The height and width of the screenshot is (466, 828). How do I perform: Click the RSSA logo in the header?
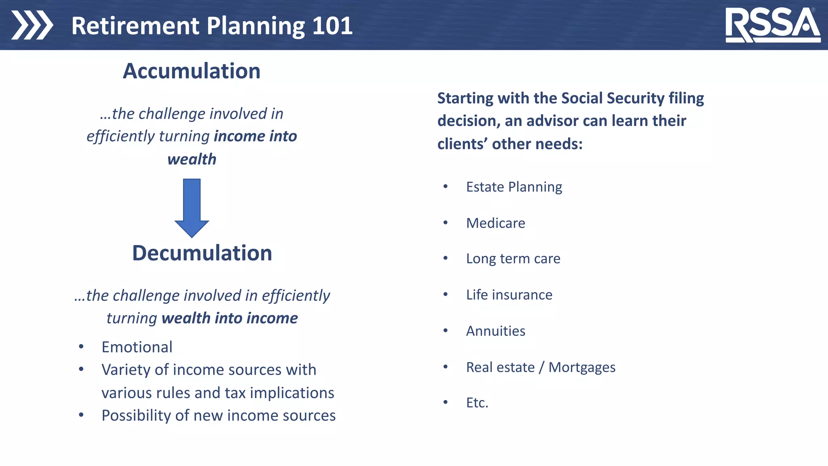(772, 25)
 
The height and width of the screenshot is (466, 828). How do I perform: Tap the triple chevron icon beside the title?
(32, 25)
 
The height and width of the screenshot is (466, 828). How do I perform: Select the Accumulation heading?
(192, 71)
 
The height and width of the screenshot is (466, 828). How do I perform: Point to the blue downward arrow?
(192, 208)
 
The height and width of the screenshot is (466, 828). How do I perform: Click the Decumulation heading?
(202, 253)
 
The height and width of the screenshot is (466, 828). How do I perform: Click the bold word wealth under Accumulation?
(192, 159)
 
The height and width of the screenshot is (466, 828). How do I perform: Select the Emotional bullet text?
(137, 347)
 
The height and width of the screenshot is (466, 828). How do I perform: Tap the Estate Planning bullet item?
(514, 187)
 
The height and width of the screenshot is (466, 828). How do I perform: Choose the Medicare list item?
(495, 223)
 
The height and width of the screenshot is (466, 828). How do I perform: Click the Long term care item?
(513, 258)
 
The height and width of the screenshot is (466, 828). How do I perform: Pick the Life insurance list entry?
(509, 295)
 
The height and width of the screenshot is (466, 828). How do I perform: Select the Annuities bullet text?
(495, 331)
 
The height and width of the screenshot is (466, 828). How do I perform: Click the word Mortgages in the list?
(582, 367)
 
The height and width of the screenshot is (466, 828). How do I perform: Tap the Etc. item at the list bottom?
(477, 403)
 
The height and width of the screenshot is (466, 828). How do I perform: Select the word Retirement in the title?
(135, 26)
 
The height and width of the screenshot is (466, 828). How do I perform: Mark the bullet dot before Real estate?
(446, 367)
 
